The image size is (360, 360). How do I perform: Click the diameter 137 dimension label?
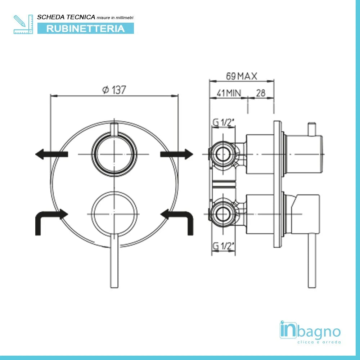[114, 90]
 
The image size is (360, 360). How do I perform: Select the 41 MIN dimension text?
[228, 93]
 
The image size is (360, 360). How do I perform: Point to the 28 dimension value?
[260, 93]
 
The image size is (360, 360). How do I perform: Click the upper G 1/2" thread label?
[223, 122]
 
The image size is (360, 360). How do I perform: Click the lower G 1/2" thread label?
[223, 246]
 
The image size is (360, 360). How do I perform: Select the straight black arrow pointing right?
[176, 154]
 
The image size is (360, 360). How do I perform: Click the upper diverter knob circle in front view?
[114, 154]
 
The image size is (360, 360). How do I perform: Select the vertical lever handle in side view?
[312, 259]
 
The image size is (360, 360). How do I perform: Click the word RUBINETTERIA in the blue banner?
[85, 28]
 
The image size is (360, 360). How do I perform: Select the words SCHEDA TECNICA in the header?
[66, 17]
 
